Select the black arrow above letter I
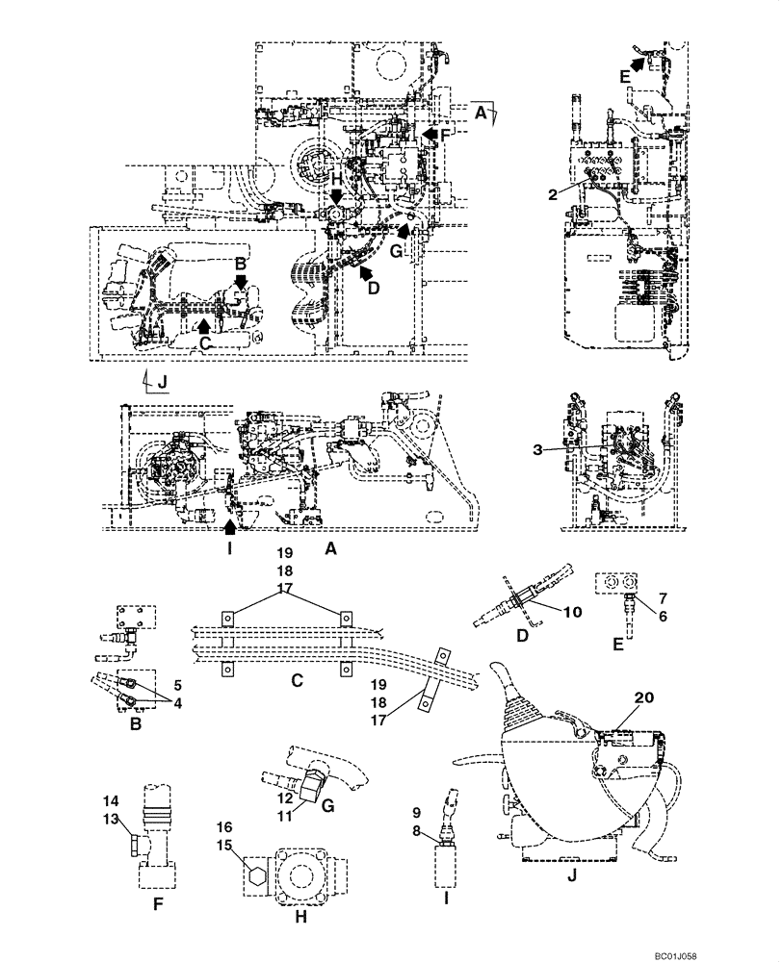pyautogui.click(x=228, y=524)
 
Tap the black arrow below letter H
pyautogui.click(x=337, y=198)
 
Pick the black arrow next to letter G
pyautogui.click(x=405, y=228)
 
